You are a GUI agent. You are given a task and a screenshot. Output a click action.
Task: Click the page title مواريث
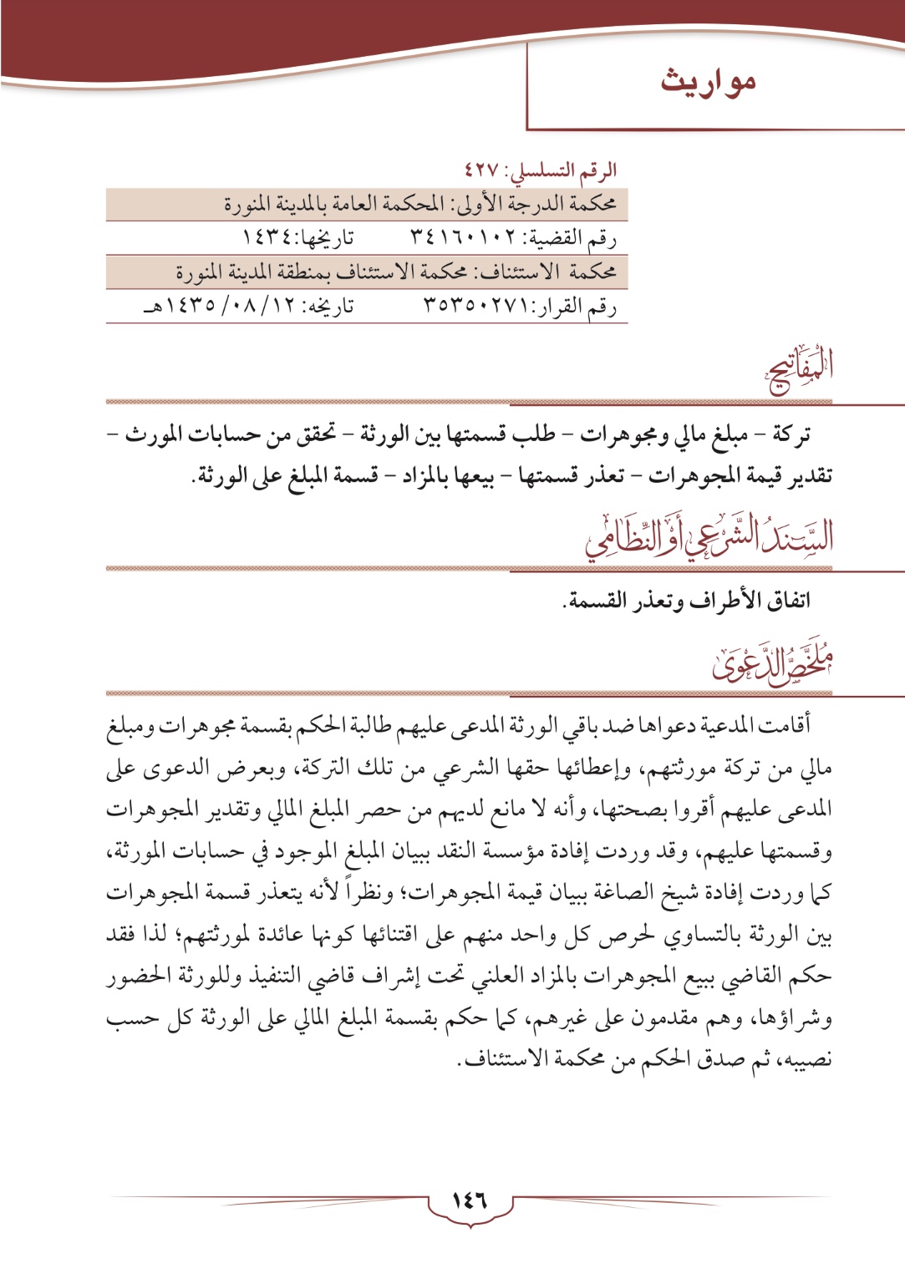point(708,83)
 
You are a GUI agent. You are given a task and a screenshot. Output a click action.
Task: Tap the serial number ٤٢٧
point(481,170)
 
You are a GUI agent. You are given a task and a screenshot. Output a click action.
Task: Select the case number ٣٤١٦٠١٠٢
point(464,239)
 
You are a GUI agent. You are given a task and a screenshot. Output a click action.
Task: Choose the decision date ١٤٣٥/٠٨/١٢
point(226,307)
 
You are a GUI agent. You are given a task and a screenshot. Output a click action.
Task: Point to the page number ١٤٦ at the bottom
point(470,1201)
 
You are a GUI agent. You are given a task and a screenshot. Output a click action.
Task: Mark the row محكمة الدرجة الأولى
point(368,205)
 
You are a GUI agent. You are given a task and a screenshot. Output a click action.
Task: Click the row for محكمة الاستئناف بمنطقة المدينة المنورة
point(368,272)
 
